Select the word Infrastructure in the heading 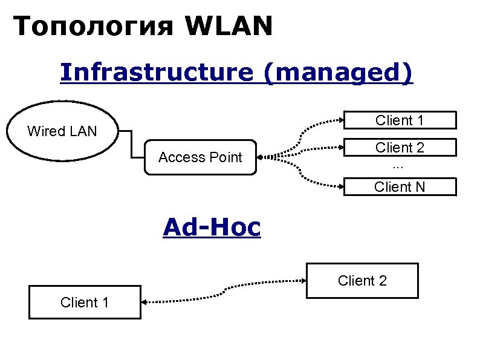click(x=156, y=73)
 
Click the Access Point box click(x=200, y=158)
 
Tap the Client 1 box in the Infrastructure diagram click(x=399, y=120)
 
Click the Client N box click(x=399, y=187)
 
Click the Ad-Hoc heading click(x=212, y=227)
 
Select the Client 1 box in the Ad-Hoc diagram click(x=84, y=303)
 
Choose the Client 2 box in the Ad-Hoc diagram click(x=362, y=281)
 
